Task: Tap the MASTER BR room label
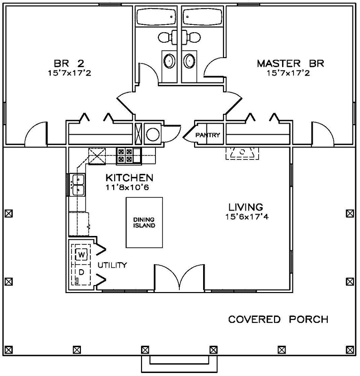click(x=290, y=64)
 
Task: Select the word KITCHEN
click(x=129, y=177)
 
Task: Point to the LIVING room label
click(x=246, y=206)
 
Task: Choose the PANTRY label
click(x=207, y=135)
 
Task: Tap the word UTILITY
click(x=112, y=265)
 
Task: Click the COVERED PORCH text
click(x=278, y=319)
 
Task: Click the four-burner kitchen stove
click(x=125, y=156)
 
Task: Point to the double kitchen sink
click(x=78, y=184)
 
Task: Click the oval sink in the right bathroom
click(x=189, y=61)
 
